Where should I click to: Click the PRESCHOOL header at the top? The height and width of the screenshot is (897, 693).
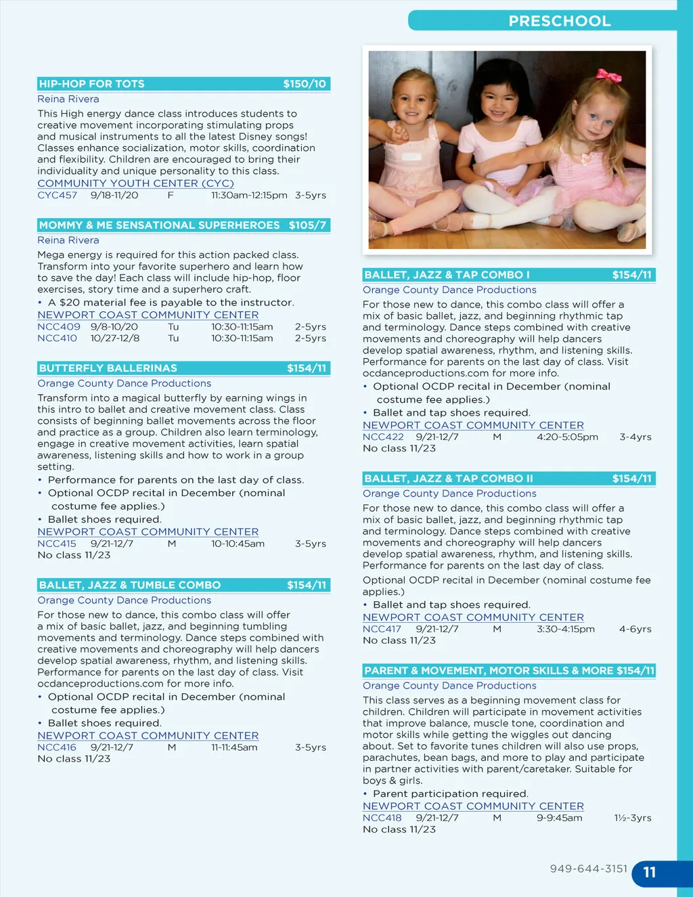pyautogui.click(x=559, y=21)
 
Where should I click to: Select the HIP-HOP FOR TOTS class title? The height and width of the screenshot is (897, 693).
pyautogui.click(x=92, y=84)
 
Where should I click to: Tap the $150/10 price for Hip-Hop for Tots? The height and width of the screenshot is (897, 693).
pyautogui.click(x=305, y=84)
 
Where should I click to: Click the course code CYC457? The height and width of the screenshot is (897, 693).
pyautogui.click(x=58, y=195)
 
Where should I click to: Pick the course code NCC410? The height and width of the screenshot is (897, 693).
pyautogui.click(x=58, y=338)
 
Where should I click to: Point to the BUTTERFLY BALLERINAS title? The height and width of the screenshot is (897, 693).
pyautogui.click(x=108, y=368)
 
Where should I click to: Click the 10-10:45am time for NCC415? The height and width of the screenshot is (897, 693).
pyautogui.click(x=238, y=544)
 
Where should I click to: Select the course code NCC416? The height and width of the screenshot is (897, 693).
pyautogui.click(x=57, y=747)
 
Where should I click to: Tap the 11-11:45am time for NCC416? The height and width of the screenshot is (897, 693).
pyautogui.click(x=234, y=747)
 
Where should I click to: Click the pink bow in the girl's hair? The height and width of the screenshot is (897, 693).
pyautogui.click(x=608, y=75)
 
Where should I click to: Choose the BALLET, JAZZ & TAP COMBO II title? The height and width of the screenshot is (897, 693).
pyautogui.click(x=449, y=479)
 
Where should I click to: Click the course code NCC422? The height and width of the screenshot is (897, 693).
pyautogui.click(x=383, y=437)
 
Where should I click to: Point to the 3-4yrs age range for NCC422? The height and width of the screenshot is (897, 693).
pyautogui.click(x=635, y=437)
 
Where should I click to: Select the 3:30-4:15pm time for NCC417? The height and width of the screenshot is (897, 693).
pyautogui.click(x=566, y=629)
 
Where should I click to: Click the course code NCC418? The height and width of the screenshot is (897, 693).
pyautogui.click(x=382, y=818)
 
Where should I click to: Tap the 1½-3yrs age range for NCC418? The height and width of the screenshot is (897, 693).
pyautogui.click(x=633, y=818)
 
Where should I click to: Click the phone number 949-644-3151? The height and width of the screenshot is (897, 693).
pyautogui.click(x=589, y=869)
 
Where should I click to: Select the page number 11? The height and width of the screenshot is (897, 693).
pyautogui.click(x=650, y=873)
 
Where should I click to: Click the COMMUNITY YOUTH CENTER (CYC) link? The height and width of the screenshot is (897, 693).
pyautogui.click(x=135, y=183)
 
